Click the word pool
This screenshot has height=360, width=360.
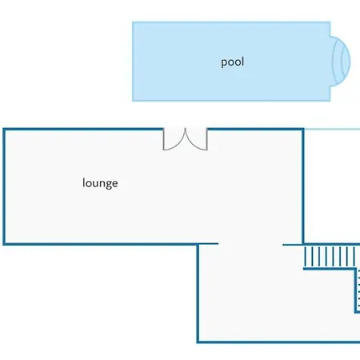pos(232,62)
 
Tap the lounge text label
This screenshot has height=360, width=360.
pos(100,183)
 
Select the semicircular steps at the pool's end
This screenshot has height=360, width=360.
pos(341,62)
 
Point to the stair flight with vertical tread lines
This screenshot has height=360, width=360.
pos(330,256)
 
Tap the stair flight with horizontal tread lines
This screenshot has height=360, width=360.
pos(358,290)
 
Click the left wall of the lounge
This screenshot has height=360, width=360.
pos(4,186)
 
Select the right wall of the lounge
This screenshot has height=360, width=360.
pos(303,186)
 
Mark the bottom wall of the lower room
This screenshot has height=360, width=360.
pos(278,342)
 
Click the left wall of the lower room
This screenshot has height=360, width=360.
pos(198,294)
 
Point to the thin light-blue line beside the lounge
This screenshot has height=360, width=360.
pos(332,129)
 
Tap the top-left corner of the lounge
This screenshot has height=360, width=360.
pos(4,130)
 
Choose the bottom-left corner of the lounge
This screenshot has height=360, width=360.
pos(4,244)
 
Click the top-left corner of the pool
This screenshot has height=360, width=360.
pos(133,22)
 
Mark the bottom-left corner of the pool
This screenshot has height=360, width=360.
pos(133,101)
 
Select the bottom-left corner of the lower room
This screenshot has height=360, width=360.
pos(198,342)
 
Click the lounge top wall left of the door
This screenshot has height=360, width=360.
pos(83,130)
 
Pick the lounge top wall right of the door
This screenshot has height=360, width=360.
pos(256,130)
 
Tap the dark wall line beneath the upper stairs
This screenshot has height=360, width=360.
pos(330,269)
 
